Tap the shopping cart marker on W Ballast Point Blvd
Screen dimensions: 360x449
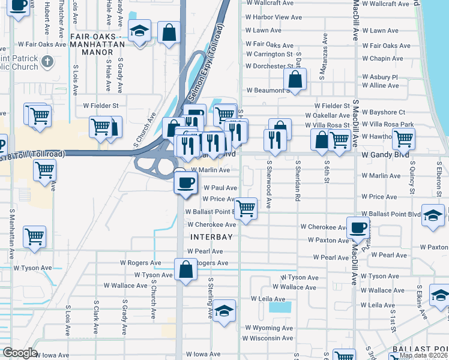click(x=245, y=209)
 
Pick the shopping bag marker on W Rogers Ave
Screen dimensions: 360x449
click(x=186, y=269)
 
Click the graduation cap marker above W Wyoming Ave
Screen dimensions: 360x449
click(x=224, y=311)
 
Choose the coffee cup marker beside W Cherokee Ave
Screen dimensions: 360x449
click(x=358, y=227)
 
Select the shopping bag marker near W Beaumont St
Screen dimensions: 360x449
click(x=295, y=79)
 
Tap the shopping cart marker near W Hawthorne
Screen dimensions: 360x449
click(x=403, y=139)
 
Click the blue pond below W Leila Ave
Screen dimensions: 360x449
click(x=279, y=307)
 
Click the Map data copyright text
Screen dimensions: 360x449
click(x=423, y=355)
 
